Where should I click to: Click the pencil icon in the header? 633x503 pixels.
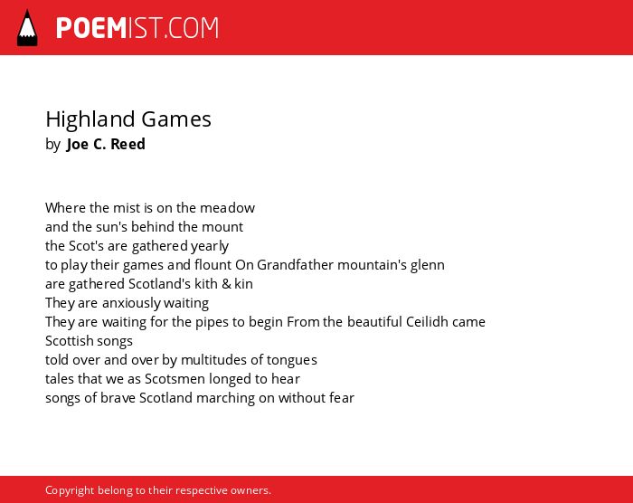tap(27, 28)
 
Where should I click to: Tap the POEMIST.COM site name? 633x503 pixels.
tap(137, 28)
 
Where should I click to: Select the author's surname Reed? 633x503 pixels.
tap(128, 144)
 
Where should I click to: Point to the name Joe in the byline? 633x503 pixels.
tap(78, 144)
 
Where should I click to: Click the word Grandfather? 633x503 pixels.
tap(295, 265)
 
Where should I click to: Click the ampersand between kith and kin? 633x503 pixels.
tap(226, 284)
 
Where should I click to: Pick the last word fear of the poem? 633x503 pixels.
tap(342, 398)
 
